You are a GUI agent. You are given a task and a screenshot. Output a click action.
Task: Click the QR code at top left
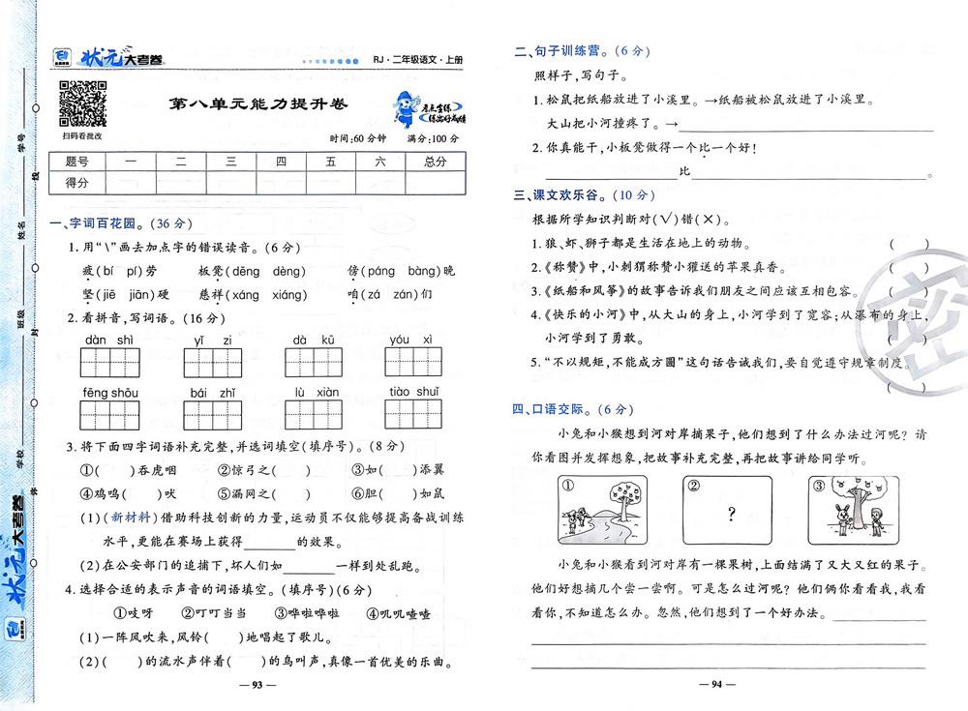pos(82,104)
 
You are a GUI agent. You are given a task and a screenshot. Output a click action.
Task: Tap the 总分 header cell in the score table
pos(428,163)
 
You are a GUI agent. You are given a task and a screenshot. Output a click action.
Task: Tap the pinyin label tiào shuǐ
pos(414,391)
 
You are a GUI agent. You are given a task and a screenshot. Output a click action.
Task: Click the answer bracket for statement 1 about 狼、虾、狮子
pos(908,244)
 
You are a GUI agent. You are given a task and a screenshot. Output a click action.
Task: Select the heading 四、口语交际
pos(557,408)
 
